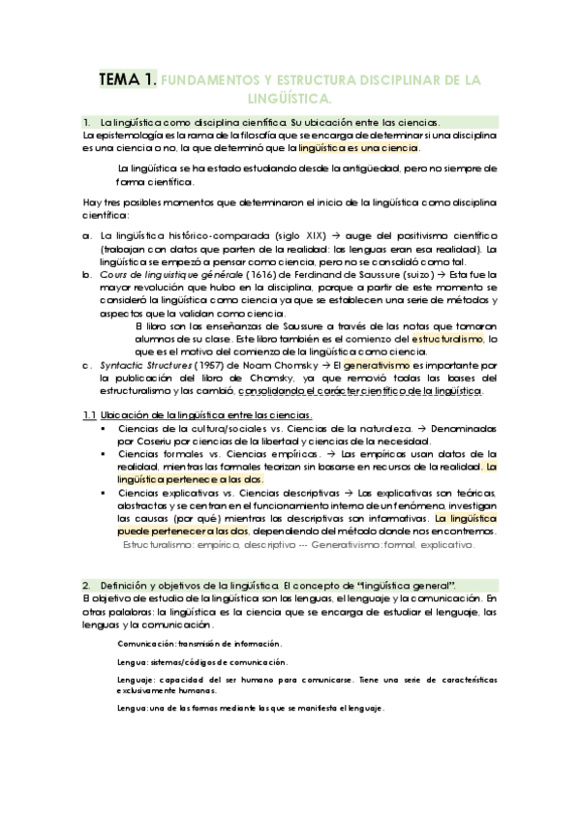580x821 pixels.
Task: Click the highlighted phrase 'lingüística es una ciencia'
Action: [x=359, y=149]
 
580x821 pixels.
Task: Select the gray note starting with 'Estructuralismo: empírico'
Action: [x=298, y=545]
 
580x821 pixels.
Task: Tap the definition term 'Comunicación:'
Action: [x=148, y=644]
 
